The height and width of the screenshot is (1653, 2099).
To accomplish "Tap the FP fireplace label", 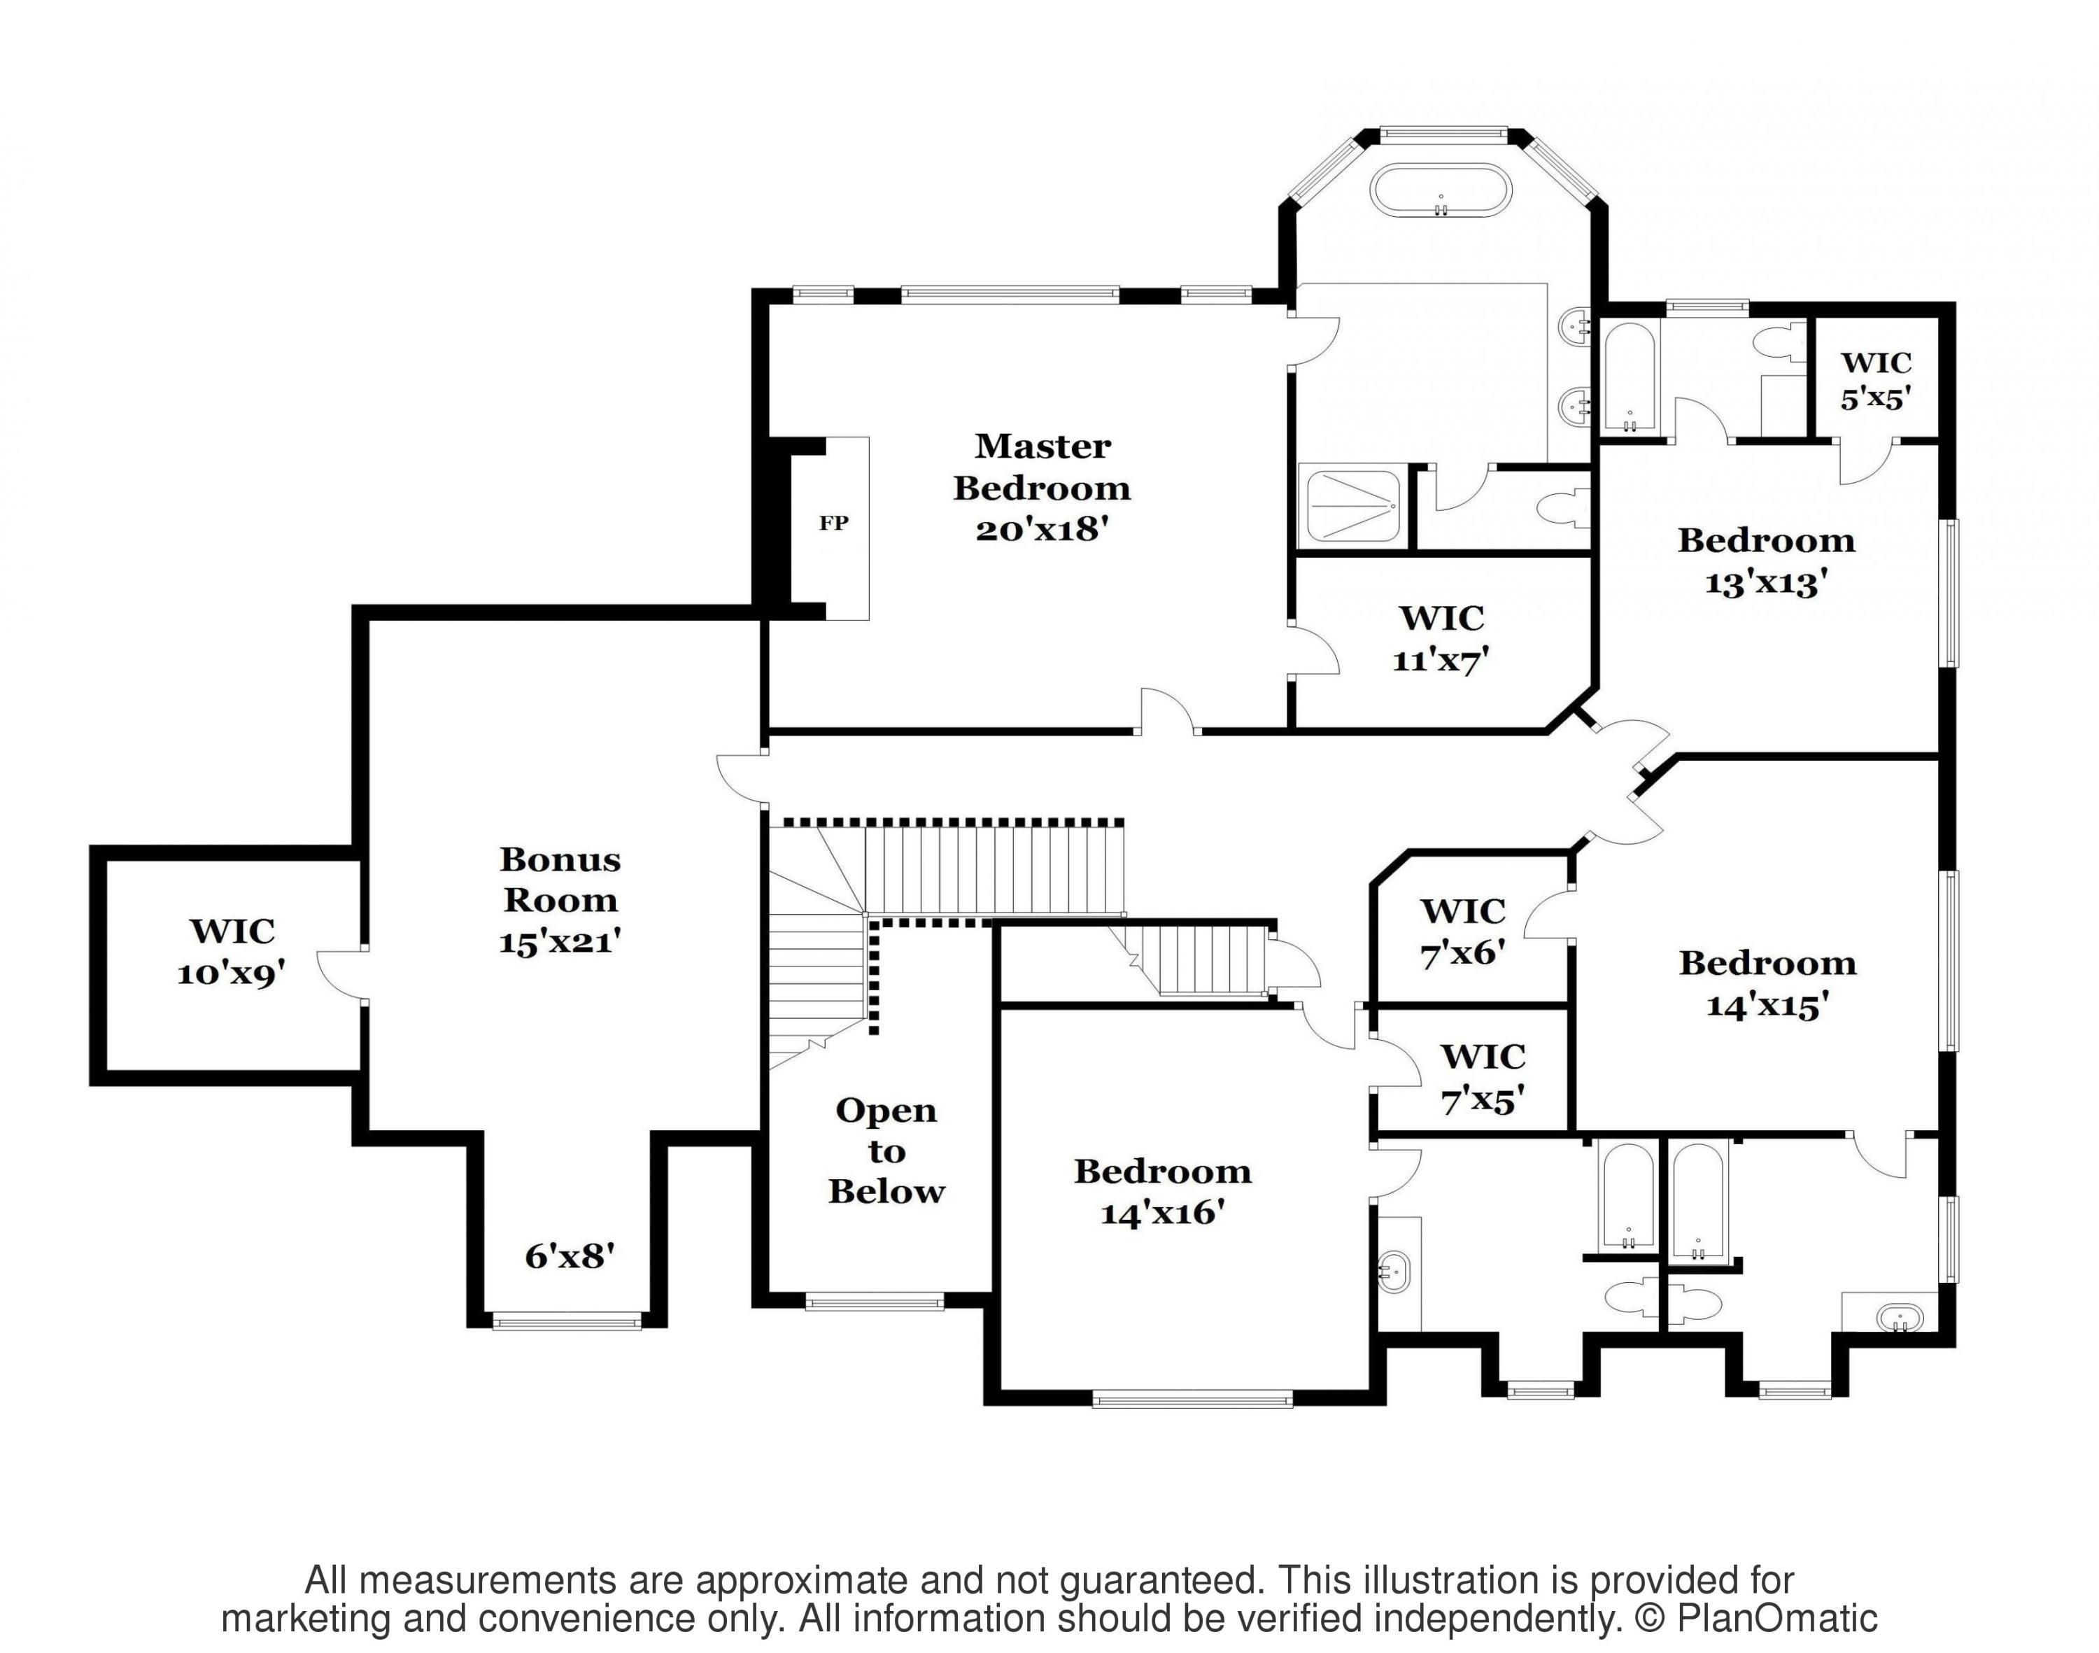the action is point(834,523).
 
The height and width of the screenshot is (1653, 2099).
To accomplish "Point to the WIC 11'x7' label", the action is point(1441,639).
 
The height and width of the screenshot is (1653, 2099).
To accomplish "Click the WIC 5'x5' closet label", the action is point(1875,380).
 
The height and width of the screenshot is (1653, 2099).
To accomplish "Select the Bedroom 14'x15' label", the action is point(1767,984).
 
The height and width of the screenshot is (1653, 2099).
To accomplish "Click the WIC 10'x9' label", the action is point(232,952).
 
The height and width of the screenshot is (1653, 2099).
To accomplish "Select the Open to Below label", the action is point(886,1151).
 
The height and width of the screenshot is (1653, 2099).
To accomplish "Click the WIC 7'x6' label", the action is point(1462,932).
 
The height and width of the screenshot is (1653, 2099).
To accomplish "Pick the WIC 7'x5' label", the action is point(1483,1078).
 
